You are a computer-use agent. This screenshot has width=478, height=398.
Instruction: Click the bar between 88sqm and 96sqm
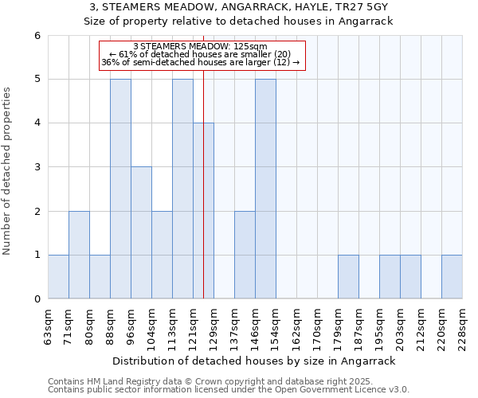(120, 189)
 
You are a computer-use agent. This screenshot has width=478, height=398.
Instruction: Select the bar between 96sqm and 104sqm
(141, 232)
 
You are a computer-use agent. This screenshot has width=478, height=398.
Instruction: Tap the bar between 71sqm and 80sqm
(79, 255)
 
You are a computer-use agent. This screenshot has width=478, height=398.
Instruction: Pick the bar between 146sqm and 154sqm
(265, 189)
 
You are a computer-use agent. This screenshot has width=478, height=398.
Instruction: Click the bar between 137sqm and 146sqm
(245, 255)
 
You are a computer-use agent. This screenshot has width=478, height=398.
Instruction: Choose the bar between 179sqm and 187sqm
(348, 276)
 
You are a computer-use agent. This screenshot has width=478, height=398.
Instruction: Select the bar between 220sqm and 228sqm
(452, 276)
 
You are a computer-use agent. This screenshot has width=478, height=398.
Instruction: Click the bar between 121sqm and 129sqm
(203, 211)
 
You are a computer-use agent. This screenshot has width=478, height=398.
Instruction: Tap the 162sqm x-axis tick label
(297, 324)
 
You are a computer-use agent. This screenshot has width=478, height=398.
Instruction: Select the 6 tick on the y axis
(37, 36)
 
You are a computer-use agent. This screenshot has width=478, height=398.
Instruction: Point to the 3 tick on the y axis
(37, 167)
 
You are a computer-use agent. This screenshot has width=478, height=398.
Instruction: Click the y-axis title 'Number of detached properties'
(7, 170)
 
